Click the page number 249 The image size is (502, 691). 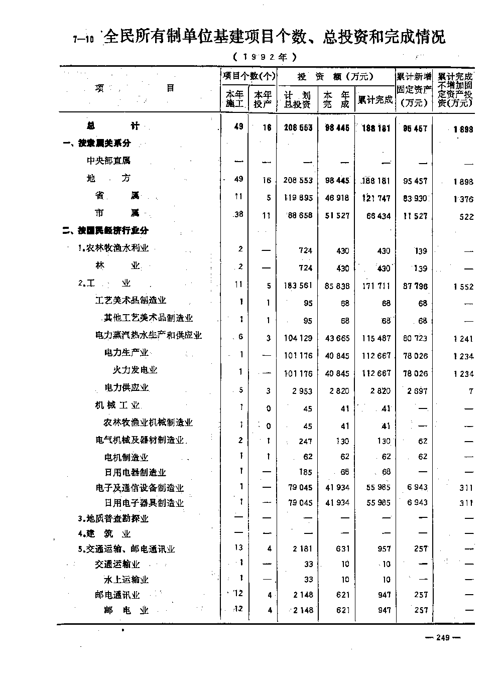[442, 637]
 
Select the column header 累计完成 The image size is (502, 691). [375, 99]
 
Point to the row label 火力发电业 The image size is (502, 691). [135, 370]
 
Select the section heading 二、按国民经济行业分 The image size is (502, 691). [105, 231]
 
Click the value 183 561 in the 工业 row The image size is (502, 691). [298, 286]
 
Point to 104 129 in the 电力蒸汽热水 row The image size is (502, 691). [298, 338]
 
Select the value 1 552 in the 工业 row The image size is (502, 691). [463, 287]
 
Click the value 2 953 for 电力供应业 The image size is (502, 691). [303, 391]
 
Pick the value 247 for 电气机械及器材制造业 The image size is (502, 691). [305, 441]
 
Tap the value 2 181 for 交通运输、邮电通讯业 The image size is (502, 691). [303, 549]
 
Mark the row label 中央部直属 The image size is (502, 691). [108, 161]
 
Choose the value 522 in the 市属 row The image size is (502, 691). [466, 216]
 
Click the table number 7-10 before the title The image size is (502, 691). [83, 40]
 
